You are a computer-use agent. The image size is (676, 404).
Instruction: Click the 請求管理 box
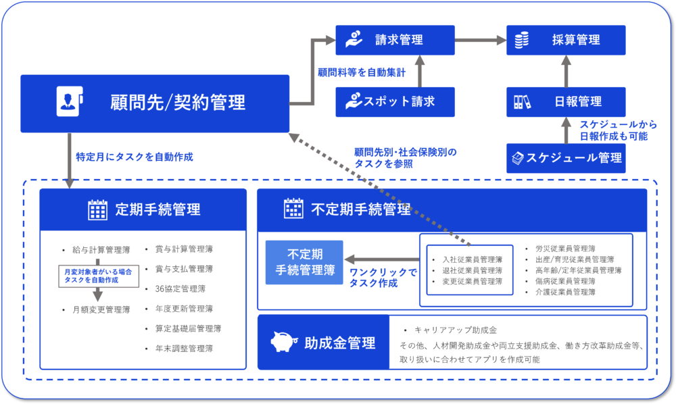point(395,40)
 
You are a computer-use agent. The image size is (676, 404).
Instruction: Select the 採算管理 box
point(566,40)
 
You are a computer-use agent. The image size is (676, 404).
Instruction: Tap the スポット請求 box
point(395,102)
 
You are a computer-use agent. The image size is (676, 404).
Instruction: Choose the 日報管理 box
point(566,102)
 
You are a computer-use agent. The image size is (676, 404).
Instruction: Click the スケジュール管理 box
point(566,158)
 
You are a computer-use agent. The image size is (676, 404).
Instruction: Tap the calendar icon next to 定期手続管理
point(98,209)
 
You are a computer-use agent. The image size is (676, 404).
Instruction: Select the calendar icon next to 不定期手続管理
point(293,209)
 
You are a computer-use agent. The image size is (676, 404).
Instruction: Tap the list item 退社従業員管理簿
point(472,270)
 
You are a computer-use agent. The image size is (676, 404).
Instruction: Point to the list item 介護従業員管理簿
point(564,292)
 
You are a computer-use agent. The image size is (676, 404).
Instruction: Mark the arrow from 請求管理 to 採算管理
point(480,40)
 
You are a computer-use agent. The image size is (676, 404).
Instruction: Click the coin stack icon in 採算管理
point(521,40)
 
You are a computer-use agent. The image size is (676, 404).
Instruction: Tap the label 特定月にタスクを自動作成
point(135,157)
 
